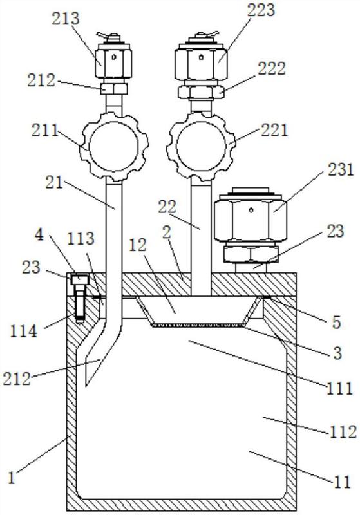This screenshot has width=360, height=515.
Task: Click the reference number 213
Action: click(65, 19)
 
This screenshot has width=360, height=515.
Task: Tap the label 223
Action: click(261, 10)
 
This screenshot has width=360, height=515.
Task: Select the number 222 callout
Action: click(271, 69)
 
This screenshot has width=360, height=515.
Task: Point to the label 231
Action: click(340, 170)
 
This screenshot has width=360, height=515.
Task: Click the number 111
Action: click(339, 389)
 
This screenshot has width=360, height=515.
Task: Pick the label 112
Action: click(343, 432)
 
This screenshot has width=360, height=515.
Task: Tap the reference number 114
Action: click(24, 331)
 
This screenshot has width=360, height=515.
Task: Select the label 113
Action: click(81, 238)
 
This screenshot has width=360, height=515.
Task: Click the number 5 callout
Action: click(336, 323)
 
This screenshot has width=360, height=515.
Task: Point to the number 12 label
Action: click(137, 245)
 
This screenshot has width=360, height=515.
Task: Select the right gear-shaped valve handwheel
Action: click(201, 146)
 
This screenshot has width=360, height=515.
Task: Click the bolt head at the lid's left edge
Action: click(79, 280)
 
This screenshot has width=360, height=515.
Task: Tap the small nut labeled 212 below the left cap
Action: click(113, 88)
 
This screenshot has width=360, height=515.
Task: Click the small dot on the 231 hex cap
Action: click(251, 210)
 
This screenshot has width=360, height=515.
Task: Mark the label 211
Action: click(45, 131)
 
